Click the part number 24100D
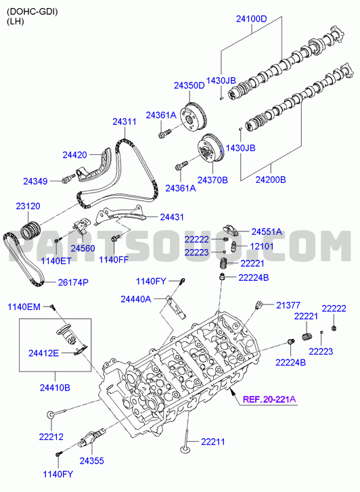252,19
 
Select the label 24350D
189,85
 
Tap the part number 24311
125,121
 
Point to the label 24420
74,155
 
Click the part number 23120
28,206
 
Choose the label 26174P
73,282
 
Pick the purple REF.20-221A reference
269,399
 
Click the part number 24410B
55,388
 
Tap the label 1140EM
24,307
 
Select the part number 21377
288,305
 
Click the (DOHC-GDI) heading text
32,12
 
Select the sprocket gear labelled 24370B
211,150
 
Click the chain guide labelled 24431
121,216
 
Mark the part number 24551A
267,232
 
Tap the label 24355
91,461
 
